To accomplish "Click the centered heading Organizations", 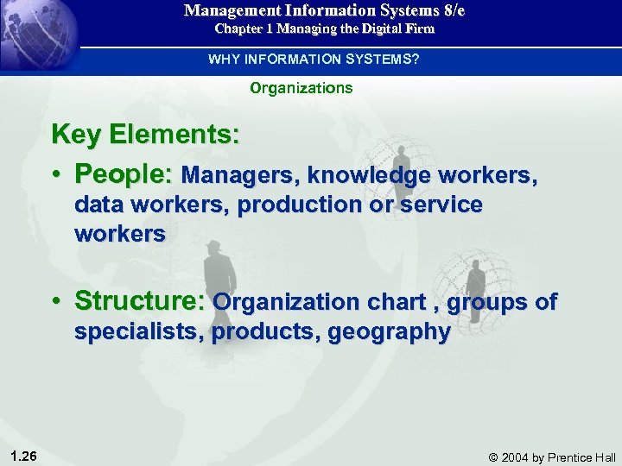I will pyautogui.click(x=301, y=88).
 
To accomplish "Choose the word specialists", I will pyautogui.click(x=139, y=331).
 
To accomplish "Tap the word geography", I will pyautogui.click(x=389, y=332).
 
